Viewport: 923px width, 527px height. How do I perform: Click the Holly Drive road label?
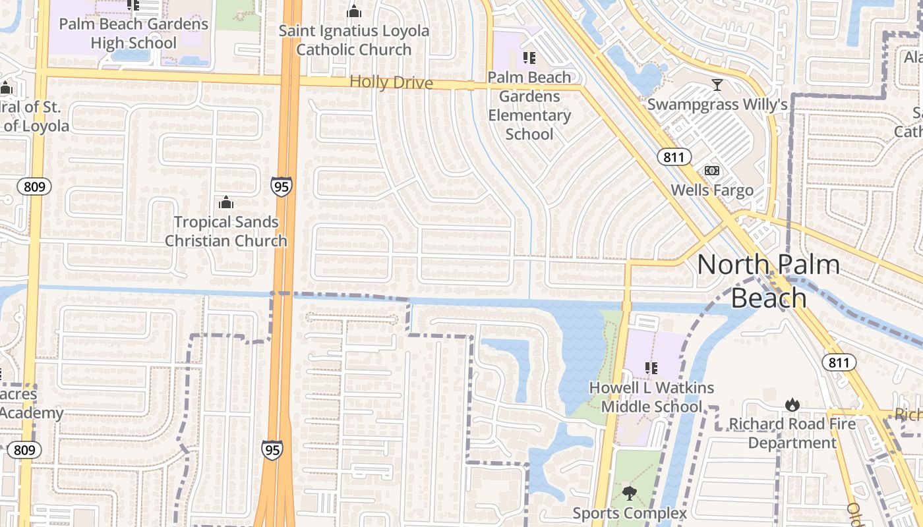[x=391, y=82]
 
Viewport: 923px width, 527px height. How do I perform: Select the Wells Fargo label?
[x=712, y=190]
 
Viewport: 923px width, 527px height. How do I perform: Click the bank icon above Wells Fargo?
[x=712, y=171]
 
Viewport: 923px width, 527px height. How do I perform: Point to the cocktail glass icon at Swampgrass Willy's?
[x=717, y=85]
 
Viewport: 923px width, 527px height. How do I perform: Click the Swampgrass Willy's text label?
[x=717, y=105]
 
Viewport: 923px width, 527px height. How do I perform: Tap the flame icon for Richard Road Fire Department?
[x=792, y=404]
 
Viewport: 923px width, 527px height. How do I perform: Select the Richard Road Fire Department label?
[x=792, y=433]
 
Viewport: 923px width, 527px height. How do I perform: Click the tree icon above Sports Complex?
[x=630, y=493]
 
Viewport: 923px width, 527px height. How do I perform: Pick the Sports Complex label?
[x=630, y=513]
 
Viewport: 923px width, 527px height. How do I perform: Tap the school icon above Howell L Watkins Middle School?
[x=651, y=368]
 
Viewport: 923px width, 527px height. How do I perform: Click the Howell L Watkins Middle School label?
[x=651, y=397]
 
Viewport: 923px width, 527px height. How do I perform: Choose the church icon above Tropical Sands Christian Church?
[x=226, y=202]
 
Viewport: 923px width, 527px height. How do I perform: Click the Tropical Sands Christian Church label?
[x=226, y=231]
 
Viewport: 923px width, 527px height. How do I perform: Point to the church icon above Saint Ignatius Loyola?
[x=354, y=11]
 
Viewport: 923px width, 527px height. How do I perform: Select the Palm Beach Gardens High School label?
[x=134, y=34]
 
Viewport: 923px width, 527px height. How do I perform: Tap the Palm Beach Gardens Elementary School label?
[x=529, y=105]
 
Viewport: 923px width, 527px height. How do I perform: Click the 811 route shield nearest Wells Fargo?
[x=674, y=157]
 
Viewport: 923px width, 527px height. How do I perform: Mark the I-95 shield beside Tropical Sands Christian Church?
[x=281, y=186]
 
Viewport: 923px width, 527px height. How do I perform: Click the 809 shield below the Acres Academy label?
[x=24, y=451]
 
